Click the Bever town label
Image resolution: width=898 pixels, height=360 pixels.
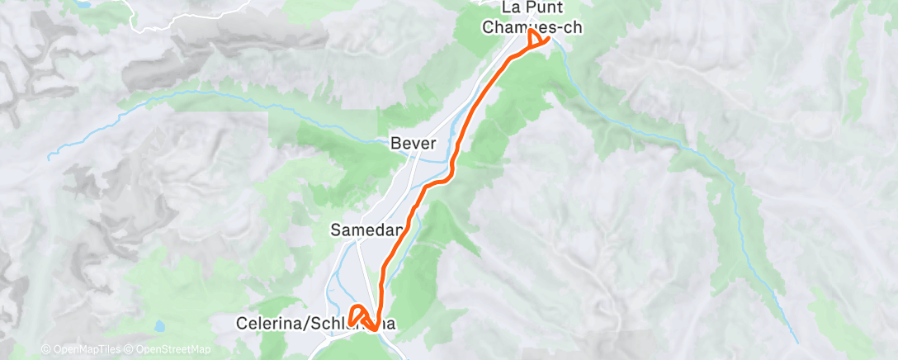point(413,144)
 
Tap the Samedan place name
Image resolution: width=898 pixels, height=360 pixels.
point(366,230)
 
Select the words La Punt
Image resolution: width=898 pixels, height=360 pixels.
point(532,8)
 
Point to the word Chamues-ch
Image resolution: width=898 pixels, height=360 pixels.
point(532,26)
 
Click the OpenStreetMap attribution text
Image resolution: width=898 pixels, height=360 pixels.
point(168,350)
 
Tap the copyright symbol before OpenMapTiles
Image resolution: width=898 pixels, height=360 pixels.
point(45,350)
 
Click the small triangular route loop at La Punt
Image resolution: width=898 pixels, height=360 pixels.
point(536,39)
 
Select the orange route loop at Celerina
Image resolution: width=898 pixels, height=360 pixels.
point(357,315)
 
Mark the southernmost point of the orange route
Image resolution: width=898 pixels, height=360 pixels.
point(375,330)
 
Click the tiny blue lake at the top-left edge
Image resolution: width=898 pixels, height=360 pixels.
point(82,4)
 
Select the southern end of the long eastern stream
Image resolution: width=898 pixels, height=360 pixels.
point(797,341)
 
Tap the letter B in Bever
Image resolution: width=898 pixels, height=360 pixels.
point(395,144)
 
